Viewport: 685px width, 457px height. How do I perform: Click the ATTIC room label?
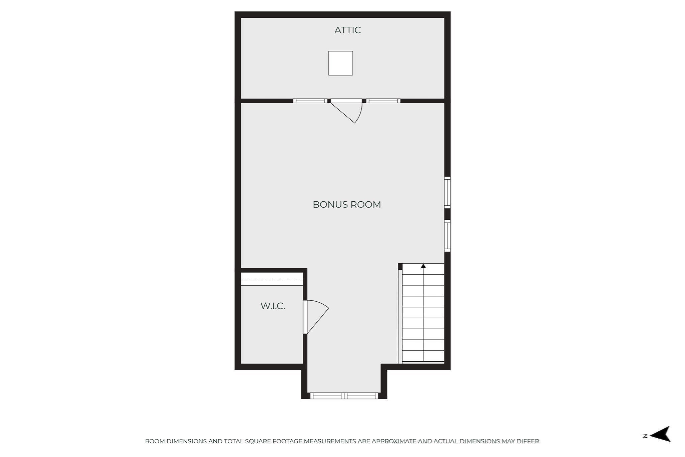(x=348, y=30)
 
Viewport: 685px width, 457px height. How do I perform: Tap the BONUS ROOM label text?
(x=347, y=204)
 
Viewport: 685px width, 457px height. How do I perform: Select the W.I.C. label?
(x=273, y=306)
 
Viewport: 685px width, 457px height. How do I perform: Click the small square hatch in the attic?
(x=340, y=63)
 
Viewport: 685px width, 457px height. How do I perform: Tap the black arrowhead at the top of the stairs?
(x=423, y=266)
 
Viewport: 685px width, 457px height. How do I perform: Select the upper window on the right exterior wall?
(x=447, y=192)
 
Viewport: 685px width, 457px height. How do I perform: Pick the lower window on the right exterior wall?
(x=447, y=236)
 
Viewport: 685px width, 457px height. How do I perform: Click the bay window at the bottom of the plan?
(x=344, y=396)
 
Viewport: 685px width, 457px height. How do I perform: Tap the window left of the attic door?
(x=310, y=101)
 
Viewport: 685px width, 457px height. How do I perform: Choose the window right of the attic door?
(x=383, y=101)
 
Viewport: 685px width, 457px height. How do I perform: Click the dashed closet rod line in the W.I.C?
(x=272, y=279)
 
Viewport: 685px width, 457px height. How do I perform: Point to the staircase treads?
(x=423, y=313)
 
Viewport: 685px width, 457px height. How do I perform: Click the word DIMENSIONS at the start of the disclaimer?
(x=187, y=441)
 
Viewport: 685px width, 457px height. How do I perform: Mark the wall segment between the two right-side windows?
(x=447, y=214)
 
